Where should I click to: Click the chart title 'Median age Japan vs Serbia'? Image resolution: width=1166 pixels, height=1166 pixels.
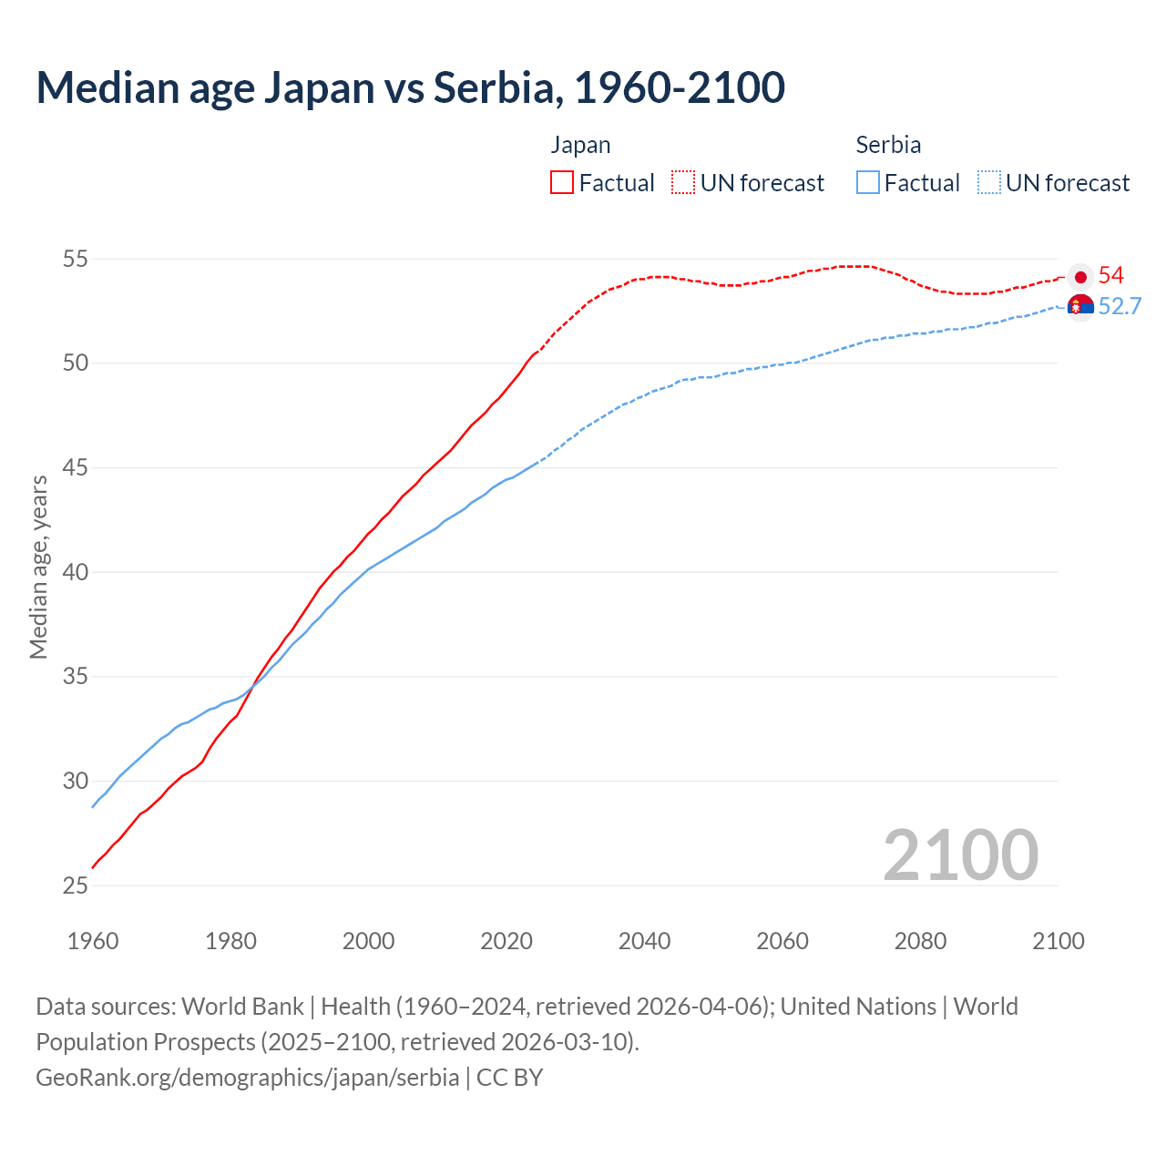tap(410, 87)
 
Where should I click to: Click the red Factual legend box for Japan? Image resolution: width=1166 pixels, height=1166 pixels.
tap(562, 182)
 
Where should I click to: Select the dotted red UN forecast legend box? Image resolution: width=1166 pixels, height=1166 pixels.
tap(683, 182)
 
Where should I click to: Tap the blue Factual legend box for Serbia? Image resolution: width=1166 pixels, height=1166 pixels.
tap(868, 182)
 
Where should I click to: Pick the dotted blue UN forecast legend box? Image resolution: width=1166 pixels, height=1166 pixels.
tap(988, 182)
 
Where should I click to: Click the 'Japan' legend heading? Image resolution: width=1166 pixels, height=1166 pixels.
tap(580, 145)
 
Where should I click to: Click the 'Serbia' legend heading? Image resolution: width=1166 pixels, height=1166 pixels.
tap(888, 145)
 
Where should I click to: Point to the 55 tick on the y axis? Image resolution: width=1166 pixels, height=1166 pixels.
tap(75, 259)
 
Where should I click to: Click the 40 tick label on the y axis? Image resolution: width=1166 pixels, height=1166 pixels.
tap(75, 572)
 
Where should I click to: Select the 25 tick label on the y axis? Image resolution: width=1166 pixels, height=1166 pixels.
tap(75, 885)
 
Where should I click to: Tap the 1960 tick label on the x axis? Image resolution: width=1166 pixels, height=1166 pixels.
tap(93, 941)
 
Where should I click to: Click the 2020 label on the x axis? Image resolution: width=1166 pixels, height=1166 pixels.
tap(506, 941)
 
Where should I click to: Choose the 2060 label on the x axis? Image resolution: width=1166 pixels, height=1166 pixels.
tap(782, 941)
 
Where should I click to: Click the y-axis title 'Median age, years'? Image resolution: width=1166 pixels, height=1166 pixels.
tap(38, 567)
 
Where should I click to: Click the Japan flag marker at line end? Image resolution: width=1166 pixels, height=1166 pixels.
tap(1080, 277)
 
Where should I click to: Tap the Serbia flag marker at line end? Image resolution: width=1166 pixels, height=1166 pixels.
tap(1080, 307)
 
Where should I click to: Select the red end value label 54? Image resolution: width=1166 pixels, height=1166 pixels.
tap(1110, 276)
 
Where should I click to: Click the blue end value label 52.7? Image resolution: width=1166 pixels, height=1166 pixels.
tap(1120, 307)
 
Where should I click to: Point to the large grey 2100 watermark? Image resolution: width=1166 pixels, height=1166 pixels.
tap(960, 854)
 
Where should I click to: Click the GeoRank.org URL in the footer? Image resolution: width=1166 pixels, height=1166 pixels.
tap(247, 1077)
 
